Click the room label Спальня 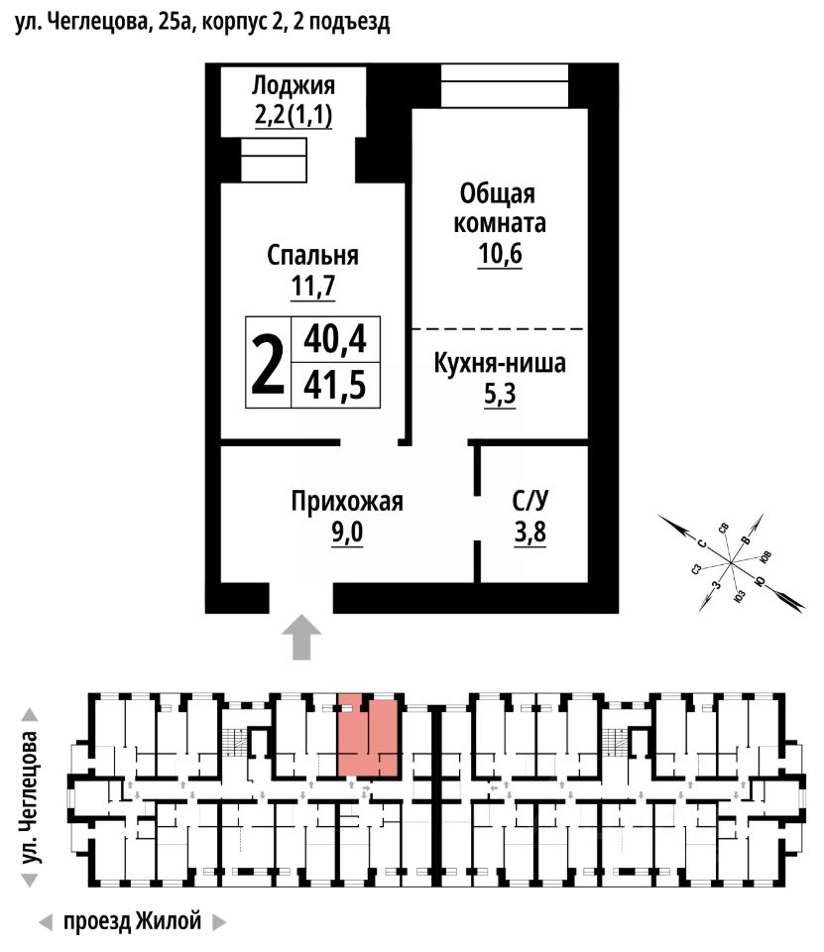pos(312,256)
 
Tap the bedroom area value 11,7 pos(312,286)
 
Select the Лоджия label pos(294,85)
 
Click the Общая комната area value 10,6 pos(500,254)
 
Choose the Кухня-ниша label pos(500,363)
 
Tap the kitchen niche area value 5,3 pos(500,394)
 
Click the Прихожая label pos(347,502)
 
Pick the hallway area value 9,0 pos(347,532)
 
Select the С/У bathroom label pos(530,502)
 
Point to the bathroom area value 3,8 pos(530,532)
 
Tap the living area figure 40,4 pos(335,339)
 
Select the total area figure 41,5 pos(335,386)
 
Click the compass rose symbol pos(732,562)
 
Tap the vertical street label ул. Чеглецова pos(29,798)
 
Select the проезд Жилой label pos(132,921)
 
